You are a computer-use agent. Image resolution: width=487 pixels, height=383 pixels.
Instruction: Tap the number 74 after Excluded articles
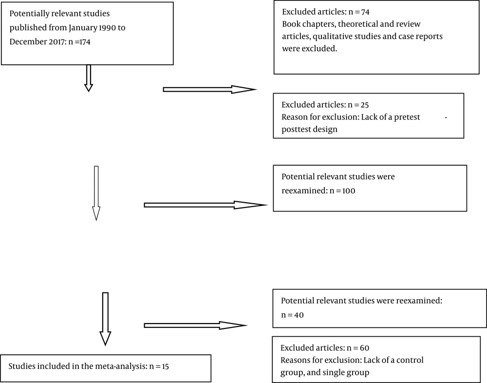[365, 12]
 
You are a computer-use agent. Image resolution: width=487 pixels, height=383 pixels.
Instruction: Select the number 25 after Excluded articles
[365, 105]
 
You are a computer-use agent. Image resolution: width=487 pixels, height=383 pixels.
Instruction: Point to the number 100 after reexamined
[349, 191]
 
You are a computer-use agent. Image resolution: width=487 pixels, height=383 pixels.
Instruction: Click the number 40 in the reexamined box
[299, 315]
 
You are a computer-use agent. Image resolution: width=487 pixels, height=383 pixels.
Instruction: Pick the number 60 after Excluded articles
[365, 348]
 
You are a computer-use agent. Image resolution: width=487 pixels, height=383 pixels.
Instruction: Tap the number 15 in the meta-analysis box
[165, 366]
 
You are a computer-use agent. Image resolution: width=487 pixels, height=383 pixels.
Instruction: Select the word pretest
[407, 117]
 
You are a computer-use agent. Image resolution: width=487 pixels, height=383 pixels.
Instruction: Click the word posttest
[296, 129]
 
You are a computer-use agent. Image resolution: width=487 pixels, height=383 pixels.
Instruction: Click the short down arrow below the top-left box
[89, 78]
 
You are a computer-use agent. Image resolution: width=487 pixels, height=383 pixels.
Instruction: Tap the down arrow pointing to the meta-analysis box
[105, 319]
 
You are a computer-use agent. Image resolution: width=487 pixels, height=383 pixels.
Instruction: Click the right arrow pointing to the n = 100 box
[206, 205]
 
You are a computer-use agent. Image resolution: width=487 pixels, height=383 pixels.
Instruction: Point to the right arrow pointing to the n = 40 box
[195, 326]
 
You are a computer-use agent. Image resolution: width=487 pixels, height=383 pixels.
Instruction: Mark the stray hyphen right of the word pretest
[446, 118]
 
